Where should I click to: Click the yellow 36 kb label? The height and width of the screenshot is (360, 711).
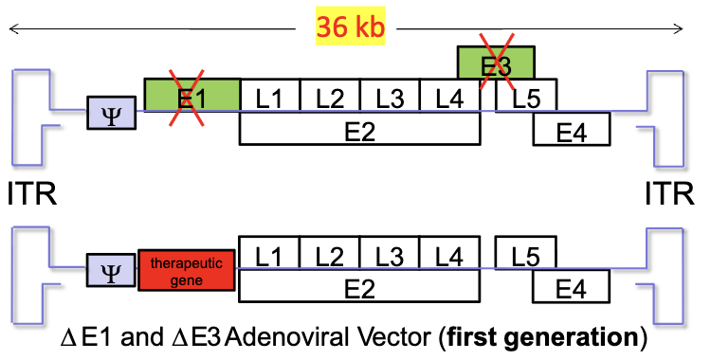[351, 27]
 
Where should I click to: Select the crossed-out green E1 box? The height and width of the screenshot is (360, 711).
[191, 95]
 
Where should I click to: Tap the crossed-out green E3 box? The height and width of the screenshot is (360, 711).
[495, 63]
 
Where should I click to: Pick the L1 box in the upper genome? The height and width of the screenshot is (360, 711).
[269, 96]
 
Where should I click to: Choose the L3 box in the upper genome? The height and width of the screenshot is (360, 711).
[390, 96]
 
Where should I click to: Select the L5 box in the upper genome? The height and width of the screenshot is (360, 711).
[526, 96]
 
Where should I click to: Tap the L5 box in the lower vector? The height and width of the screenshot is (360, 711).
[526, 253]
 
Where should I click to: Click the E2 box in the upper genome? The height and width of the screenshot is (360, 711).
[359, 128]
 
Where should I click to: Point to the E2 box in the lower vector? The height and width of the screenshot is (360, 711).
[359, 286]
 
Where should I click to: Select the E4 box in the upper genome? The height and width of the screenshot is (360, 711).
[571, 129]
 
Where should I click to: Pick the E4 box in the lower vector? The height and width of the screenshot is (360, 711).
[571, 286]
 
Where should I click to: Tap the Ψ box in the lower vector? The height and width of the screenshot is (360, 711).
[111, 270]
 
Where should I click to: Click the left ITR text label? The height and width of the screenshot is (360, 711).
[31, 194]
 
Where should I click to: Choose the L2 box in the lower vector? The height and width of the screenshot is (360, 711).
[330, 253]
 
